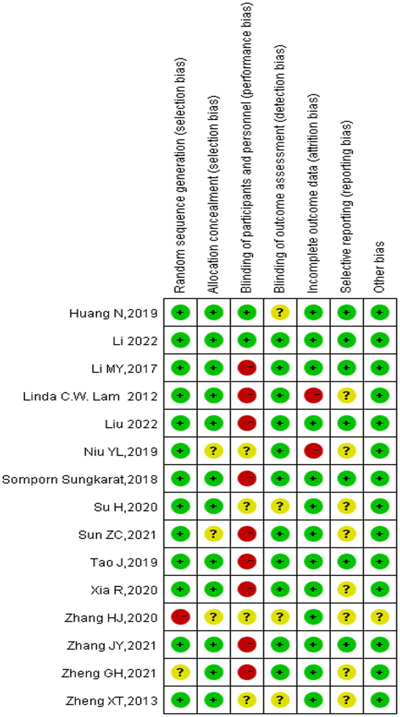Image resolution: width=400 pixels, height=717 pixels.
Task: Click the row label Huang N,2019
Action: click(x=113, y=313)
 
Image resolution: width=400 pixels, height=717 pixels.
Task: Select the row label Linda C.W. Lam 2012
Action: click(x=90, y=396)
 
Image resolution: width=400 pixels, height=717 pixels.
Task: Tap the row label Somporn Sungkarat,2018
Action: click(x=80, y=479)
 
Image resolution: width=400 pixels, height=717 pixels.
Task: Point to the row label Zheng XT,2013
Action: click(x=112, y=701)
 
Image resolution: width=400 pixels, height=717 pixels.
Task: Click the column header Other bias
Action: click(x=379, y=267)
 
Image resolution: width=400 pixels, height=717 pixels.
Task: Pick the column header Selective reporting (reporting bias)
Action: click(x=346, y=207)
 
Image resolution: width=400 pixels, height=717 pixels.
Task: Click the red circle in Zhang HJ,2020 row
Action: click(x=180, y=617)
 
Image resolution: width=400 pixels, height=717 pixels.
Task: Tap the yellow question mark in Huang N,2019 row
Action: click(x=280, y=312)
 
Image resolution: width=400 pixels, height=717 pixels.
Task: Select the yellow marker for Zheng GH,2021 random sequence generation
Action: click(x=180, y=673)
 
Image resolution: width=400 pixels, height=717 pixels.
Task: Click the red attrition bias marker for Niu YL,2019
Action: click(x=314, y=451)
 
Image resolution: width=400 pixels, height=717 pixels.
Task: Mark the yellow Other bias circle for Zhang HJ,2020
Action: click(x=380, y=617)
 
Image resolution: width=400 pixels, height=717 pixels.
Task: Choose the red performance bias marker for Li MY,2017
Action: click(x=247, y=368)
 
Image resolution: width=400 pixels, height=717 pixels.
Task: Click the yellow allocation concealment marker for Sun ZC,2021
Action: click(x=214, y=534)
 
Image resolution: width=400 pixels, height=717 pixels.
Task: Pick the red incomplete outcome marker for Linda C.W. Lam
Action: click(x=314, y=396)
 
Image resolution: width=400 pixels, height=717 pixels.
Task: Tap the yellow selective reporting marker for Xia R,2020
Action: click(x=346, y=590)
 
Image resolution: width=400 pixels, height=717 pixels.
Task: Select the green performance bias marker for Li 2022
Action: click(x=247, y=341)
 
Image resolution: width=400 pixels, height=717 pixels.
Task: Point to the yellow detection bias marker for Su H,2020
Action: click(x=280, y=507)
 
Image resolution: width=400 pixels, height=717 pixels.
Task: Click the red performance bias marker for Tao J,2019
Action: click(x=247, y=562)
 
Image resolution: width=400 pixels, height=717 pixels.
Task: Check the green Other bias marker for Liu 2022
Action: click(x=380, y=424)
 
